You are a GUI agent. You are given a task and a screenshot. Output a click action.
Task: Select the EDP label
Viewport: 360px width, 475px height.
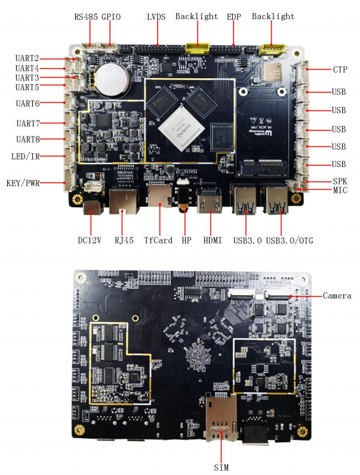(234, 17)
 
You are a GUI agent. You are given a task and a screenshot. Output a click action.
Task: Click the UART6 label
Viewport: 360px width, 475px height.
(28, 103)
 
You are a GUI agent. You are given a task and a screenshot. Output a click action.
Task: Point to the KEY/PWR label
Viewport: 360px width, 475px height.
(23, 183)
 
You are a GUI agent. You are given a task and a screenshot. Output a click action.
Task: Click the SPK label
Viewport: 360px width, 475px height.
(340, 181)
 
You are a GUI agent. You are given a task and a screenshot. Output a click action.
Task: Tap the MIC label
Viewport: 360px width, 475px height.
(340, 190)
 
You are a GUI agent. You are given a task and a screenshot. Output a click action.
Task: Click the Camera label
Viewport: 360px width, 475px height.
(337, 295)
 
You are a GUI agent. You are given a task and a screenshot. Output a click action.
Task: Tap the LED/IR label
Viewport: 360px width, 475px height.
(25, 157)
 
